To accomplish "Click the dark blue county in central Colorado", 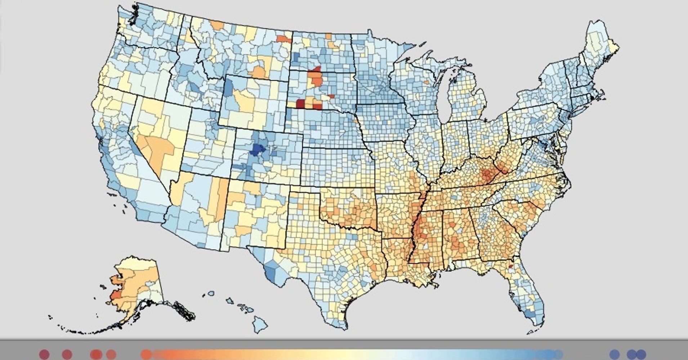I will click(x=257, y=149).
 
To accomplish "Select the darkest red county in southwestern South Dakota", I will click(x=300, y=104).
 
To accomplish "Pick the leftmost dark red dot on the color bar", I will click(x=44, y=354).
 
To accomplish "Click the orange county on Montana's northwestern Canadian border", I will click(x=217, y=25).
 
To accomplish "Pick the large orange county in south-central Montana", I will click(x=260, y=70).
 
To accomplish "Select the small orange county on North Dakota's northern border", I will click(x=328, y=36).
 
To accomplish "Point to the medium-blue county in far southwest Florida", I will click(x=530, y=315).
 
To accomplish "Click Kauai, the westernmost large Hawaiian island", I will click(x=211, y=293).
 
